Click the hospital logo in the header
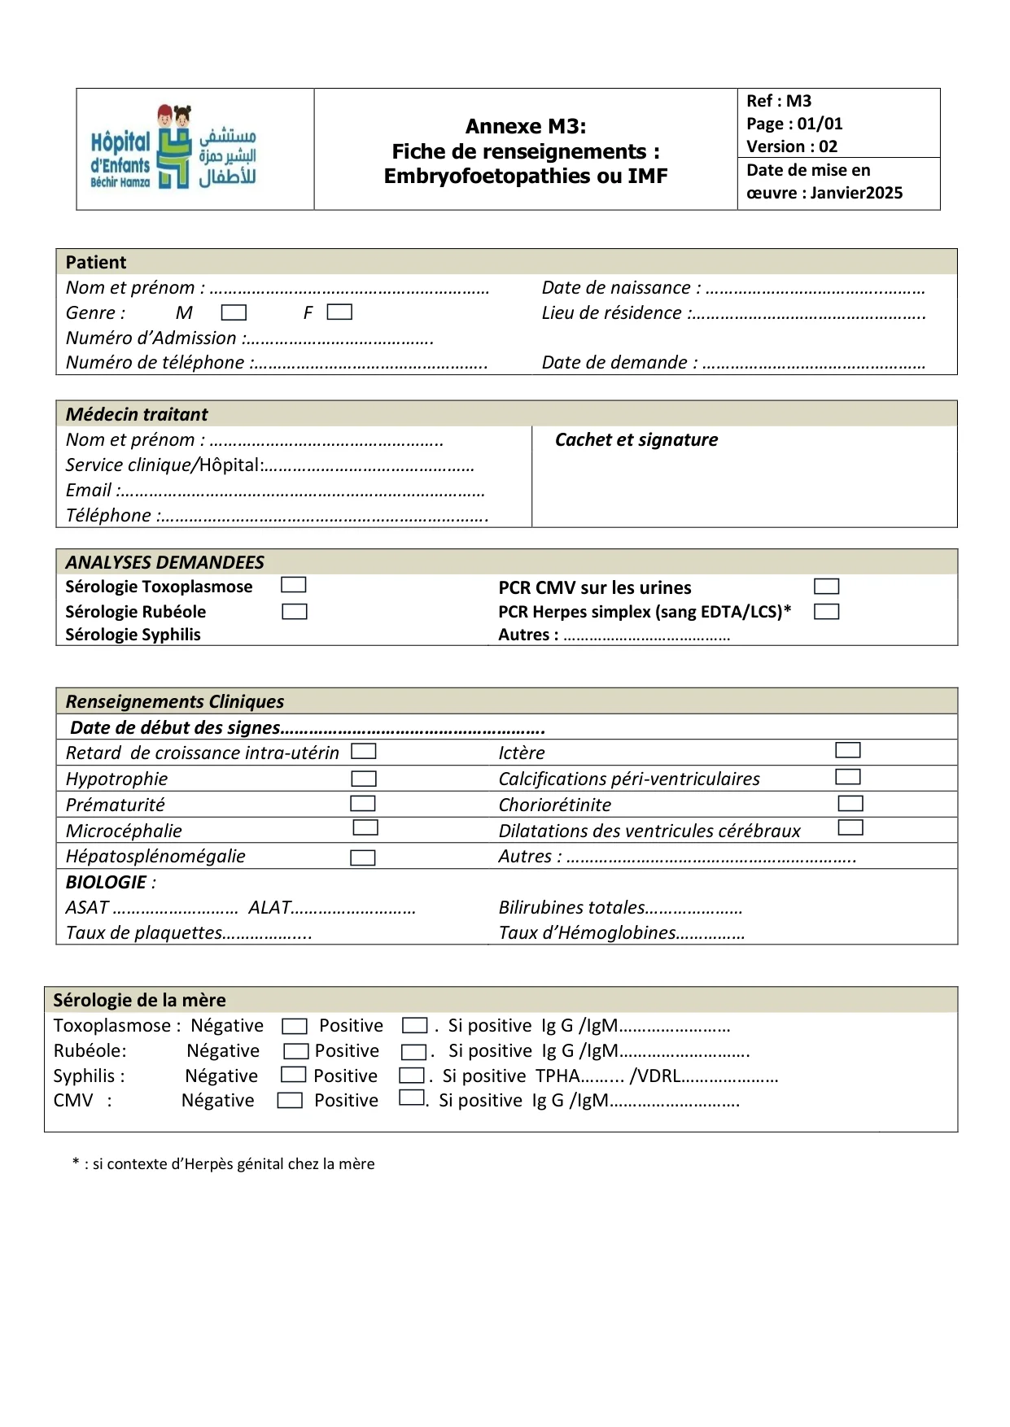173,147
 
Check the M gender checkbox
234,312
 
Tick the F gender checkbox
339,312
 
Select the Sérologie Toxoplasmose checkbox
293,585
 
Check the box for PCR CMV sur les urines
826,587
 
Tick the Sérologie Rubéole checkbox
294,612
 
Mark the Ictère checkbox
847,750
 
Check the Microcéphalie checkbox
365,827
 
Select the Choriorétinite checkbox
850,804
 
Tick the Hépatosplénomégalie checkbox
362,858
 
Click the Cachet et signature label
636,440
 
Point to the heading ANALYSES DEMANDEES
164,562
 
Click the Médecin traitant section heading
137,415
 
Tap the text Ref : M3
779,101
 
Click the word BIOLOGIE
106,883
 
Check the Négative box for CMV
290,1101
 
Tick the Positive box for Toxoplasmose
415,1026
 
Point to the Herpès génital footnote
224,1164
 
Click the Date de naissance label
616,288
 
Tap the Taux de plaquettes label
144,933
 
